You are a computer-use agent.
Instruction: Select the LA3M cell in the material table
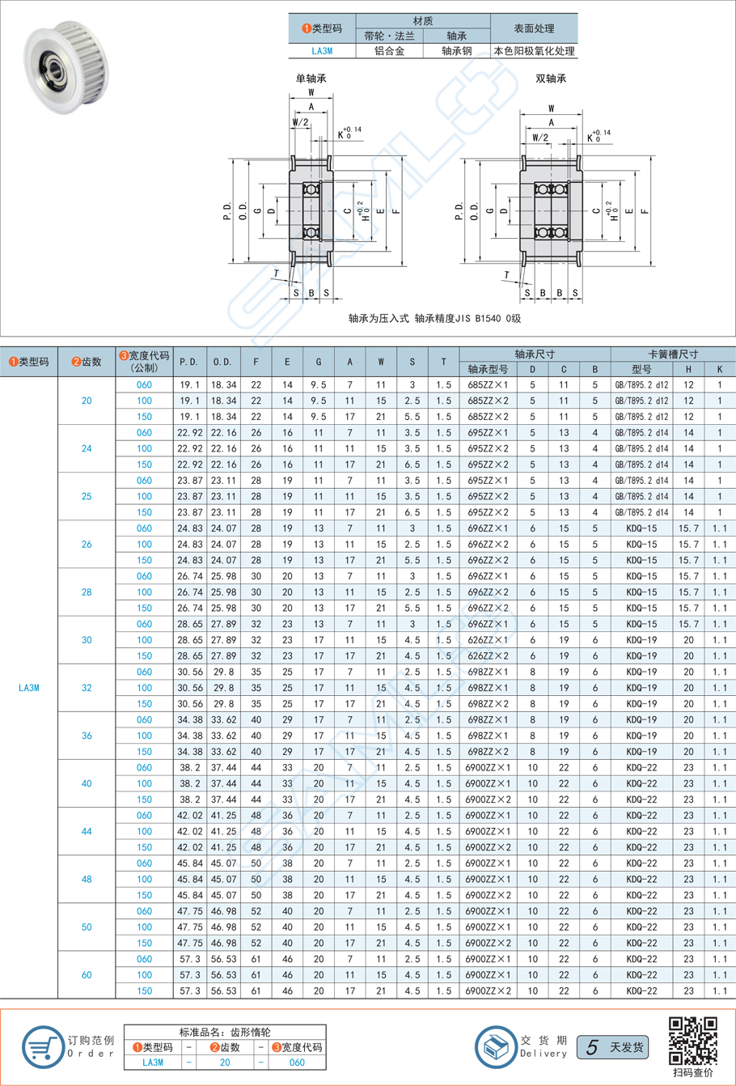322,51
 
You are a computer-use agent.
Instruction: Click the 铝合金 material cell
390,51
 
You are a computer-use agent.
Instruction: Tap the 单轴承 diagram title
311,78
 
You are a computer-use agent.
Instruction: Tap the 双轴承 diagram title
551,78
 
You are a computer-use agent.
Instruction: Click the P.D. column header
189,362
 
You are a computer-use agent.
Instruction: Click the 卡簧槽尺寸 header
673,354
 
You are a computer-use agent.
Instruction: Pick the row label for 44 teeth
87,831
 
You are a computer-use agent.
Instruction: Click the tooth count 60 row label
87,975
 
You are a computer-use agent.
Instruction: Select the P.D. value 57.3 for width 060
189,959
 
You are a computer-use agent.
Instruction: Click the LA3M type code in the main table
28,688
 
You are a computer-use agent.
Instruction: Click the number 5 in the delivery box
592,1047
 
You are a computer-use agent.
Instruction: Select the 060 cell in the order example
297,1063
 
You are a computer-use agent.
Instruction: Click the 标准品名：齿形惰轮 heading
225,1032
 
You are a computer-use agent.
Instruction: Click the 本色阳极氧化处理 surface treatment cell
535,51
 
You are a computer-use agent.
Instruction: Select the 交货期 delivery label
544,1041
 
